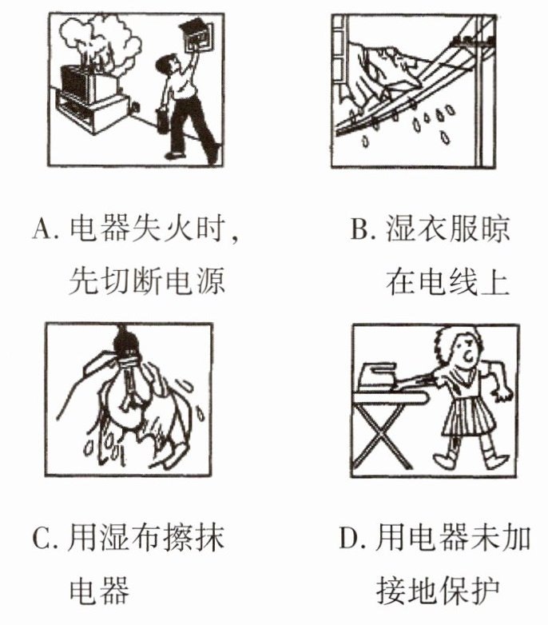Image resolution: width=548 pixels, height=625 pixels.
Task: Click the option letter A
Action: (x=42, y=229)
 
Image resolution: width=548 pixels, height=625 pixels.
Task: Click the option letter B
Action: (x=359, y=229)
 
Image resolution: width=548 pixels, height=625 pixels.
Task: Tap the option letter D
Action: (x=348, y=538)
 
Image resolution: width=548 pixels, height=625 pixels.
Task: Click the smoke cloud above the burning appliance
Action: (x=100, y=40)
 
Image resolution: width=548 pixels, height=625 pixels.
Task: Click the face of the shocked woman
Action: (x=467, y=351)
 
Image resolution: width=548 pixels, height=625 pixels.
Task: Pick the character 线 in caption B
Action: (x=462, y=282)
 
